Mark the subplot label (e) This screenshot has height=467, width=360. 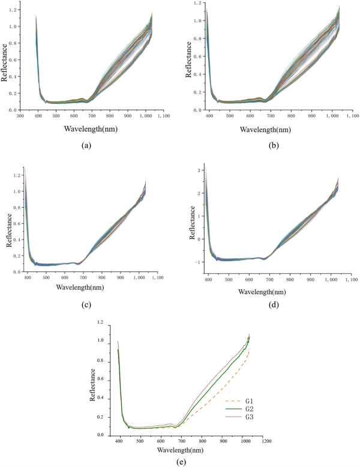[x=180, y=461]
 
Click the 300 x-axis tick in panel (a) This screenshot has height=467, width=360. [x=20, y=116]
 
